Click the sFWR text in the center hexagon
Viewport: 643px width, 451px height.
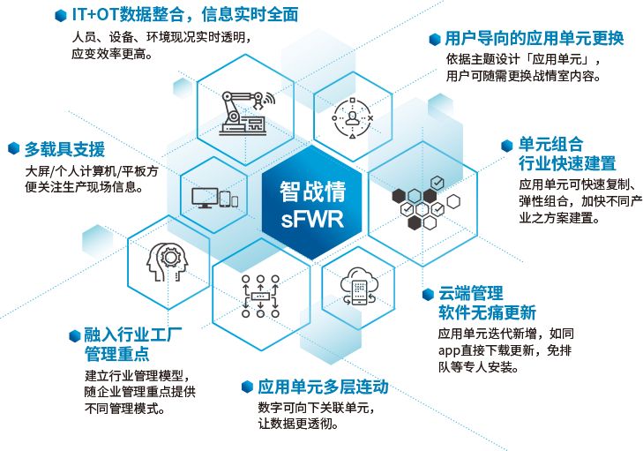(312, 218)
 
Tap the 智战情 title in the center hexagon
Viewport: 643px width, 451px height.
(312, 191)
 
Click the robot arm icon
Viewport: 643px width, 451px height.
(242, 113)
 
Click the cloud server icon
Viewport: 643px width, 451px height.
(358, 285)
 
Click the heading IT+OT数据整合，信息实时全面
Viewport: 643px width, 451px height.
(185, 15)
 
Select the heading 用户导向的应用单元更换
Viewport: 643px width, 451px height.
(534, 39)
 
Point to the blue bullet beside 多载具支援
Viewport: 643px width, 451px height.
(14, 148)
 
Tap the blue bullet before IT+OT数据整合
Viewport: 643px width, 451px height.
(60, 15)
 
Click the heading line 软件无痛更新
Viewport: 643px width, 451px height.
(487, 313)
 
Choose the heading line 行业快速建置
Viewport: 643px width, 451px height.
(566, 163)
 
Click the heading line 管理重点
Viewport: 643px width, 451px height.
(116, 355)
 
